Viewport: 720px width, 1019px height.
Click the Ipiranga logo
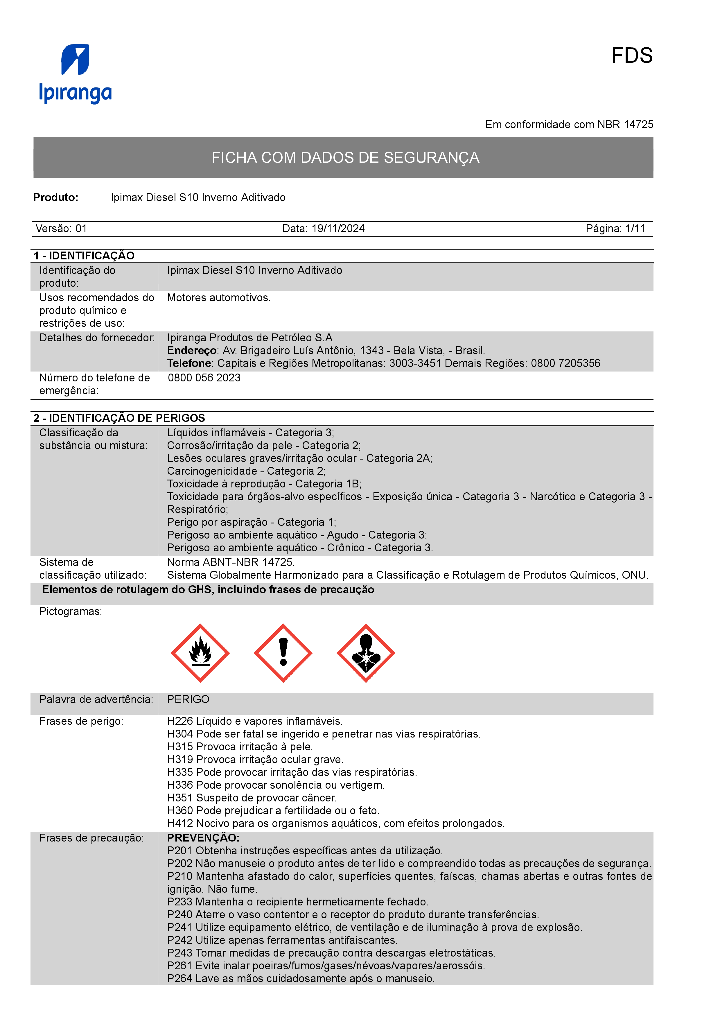pos(76,74)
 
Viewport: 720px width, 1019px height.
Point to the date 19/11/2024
pos(338,229)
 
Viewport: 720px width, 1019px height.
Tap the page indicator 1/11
pos(635,229)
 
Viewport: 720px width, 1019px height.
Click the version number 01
pos(81,229)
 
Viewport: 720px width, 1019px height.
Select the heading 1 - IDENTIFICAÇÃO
pos(84,256)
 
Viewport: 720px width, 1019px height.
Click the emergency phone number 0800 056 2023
pos(204,378)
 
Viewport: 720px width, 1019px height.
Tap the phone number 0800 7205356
pos(565,363)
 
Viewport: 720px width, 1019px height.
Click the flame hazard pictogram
pos(200,653)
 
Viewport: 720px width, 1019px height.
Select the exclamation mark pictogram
pos(283,653)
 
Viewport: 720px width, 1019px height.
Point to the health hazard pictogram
pos(366,653)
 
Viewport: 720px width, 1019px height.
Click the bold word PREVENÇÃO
pos(203,838)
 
